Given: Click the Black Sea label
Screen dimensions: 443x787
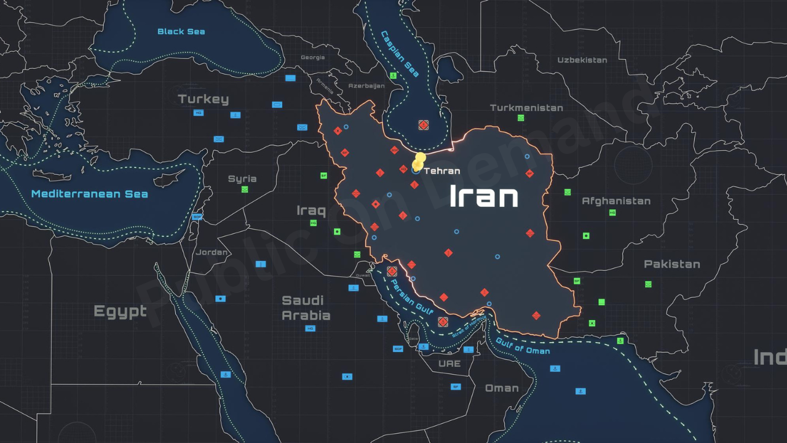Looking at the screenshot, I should pyautogui.click(x=181, y=31).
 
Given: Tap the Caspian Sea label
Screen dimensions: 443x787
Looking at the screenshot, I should pyautogui.click(x=400, y=54).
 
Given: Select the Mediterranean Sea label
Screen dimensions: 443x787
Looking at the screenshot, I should pyautogui.click(x=90, y=194).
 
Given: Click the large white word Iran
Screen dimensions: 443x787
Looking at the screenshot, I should pyautogui.click(x=484, y=196).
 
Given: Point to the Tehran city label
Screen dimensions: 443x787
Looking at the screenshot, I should pyautogui.click(x=442, y=171).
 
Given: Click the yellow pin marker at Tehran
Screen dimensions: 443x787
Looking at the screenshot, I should pyautogui.click(x=419, y=162).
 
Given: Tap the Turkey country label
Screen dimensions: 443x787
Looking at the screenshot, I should pyautogui.click(x=203, y=99).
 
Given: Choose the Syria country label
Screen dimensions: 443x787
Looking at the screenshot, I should pyautogui.click(x=242, y=179).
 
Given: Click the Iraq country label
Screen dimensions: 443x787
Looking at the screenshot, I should pyautogui.click(x=311, y=211).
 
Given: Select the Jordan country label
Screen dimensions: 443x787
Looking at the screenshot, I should pyautogui.click(x=212, y=252).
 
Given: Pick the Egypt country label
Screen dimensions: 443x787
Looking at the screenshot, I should pyautogui.click(x=120, y=311).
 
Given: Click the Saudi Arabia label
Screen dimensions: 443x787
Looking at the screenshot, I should pyautogui.click(x=306, y=308).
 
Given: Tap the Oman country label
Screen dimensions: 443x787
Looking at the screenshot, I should pyautogui.click(x=502, y=388).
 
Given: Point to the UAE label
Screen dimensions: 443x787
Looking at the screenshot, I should pyautogui.click(x=449, y=364).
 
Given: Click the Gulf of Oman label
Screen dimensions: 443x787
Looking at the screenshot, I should pyautogui.click(x=523, y=346).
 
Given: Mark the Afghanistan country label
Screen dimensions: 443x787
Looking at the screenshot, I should pyautogui.click(x=616, y=201).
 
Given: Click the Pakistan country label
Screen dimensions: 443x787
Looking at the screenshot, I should pyautogui.click(x=671, y=264).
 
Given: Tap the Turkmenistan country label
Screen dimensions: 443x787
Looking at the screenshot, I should pyautogui.click(x=526, y=108).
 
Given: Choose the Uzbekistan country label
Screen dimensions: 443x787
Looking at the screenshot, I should pyautogui.click(x=582, y=60).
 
